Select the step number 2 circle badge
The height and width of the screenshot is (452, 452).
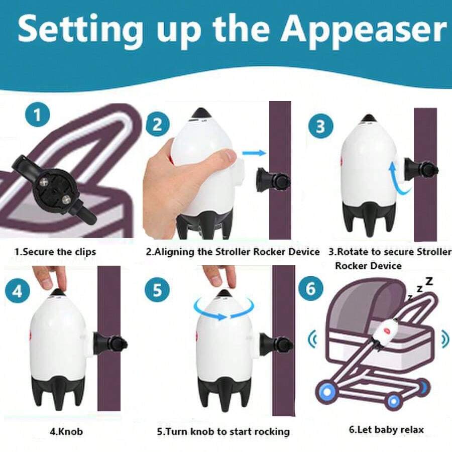pyautogui.click(x=157, y=124)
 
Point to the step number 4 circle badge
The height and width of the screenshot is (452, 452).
pyautogui.click(x=18, y=291)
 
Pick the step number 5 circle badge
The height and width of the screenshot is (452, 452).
pyautogui.click(x=157, y=291)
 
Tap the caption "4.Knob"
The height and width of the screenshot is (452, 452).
pyautogui.click(x=66, y=431)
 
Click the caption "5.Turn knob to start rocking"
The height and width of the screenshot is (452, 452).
pyautogui.click(x=223, y=431)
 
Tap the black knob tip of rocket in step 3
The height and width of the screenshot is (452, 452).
pyautogui.click(x=369, y=118)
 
